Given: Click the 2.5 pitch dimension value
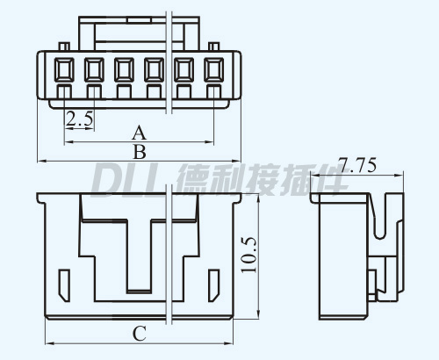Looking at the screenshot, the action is click(x=79, y=119).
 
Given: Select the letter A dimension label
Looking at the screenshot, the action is click(x=139, y=133).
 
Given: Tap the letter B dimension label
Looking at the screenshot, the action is click(x=140, y=152).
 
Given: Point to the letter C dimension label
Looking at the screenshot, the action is click(x=140, y=334).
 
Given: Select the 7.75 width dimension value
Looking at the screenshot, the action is click(x=356, y=165).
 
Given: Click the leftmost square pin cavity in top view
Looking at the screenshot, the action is click(x=64, y=69).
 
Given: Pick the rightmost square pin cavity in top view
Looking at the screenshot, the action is click(x=214, y=69).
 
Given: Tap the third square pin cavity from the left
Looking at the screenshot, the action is click(x=124, y=69).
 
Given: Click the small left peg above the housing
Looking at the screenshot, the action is click(x=64, y=47).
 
